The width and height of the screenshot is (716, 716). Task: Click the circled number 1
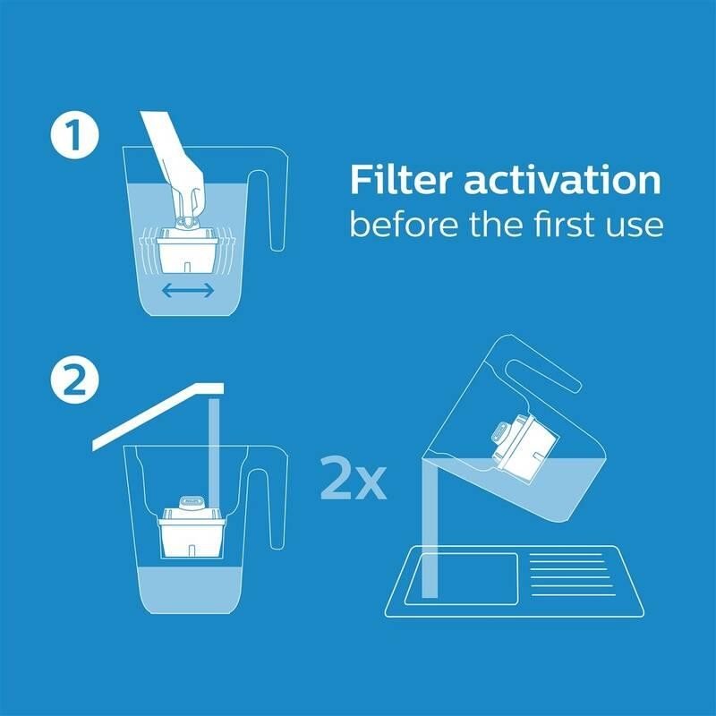pyautogui.click(x=74, y=135)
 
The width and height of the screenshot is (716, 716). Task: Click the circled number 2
pyautogui.click(x=74, y=379)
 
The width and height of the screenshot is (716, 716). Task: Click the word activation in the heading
pyautogui.click(x=563, y=181)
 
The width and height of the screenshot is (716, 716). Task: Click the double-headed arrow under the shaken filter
pyautogui.click(x=188, y=290)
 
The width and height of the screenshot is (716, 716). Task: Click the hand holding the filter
pyautogui.click(x=178, y=169)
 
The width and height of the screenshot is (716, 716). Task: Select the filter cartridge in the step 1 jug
pyautogui.click(x=187, y=248)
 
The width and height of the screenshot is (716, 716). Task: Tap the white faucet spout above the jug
pyautogui.click(x=158, y=415)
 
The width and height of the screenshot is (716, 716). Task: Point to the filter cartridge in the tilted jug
pyautogui.click(x=525, y=447)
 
